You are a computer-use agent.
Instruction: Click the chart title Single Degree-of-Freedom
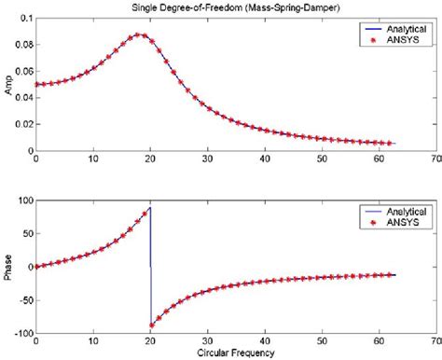pyautogui.click(x=220, y=7)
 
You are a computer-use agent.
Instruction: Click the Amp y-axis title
pyautogui.click(x=9, y=84)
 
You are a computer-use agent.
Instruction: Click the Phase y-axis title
pyautogui.click(x=9, y=267)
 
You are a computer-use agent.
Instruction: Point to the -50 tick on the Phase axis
pyautogui.click(x=21, y=300)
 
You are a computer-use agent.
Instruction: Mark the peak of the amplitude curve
pyautogui.click(x=139, y=35)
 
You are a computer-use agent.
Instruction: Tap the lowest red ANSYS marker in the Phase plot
pyautogui.click(x=152, y=325)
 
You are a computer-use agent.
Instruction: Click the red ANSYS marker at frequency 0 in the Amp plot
pyautogui.click(x=36, y=84)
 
